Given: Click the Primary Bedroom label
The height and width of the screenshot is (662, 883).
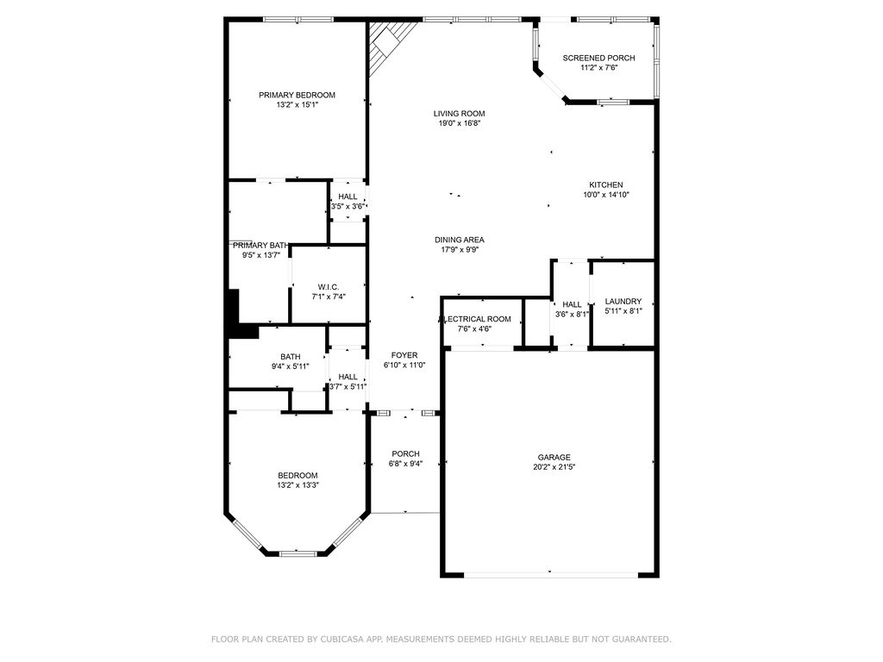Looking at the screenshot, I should (297, 95).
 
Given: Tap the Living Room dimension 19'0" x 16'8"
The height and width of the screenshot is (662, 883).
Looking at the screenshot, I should (459, 123).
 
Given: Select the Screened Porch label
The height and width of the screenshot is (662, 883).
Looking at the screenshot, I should (598, 58).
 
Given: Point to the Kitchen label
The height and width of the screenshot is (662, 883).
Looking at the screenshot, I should (605, 185).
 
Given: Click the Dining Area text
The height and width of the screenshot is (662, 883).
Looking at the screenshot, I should (459, 240).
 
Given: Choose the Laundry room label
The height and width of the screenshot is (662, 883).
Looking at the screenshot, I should (623, 301).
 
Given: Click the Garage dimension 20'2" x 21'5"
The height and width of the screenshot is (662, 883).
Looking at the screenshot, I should (554, 467).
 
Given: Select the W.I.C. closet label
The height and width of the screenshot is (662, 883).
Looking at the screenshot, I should (328, 287).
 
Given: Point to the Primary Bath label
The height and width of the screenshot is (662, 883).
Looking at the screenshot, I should (260, 245).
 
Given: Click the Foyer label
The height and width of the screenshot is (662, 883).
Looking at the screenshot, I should (404, 355).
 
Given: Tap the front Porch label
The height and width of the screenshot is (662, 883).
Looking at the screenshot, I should (405, 454).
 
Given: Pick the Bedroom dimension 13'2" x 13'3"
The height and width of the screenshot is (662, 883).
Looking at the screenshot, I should (297, 485).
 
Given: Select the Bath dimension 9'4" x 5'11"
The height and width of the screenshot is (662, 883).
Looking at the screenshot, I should (290, 367).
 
